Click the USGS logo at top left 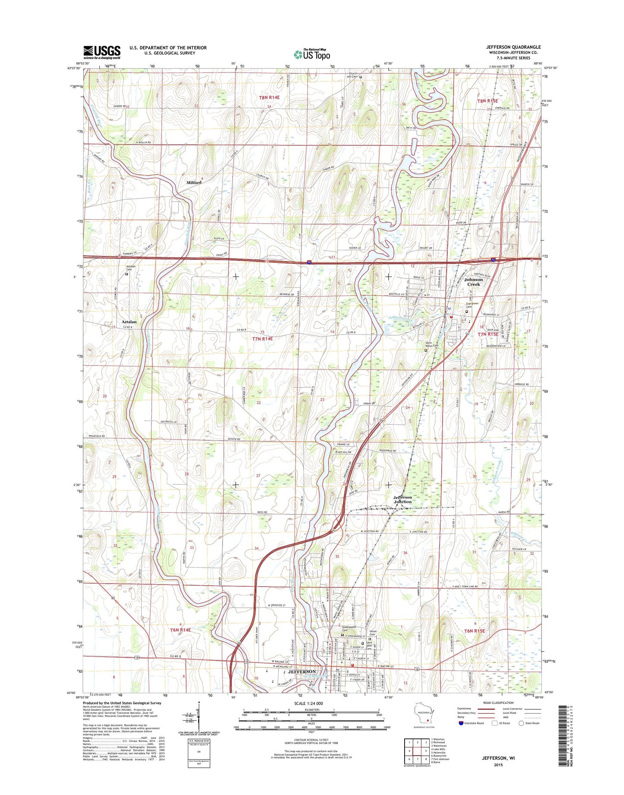point(102,52)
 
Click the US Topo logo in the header point(312,54)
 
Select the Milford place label point(194,183)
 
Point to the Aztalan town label point(129,322)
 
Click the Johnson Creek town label point(473,282)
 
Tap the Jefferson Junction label point(402,499)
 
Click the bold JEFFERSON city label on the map point(302,672)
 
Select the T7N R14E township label point(263,339)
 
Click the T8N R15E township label point(487,101)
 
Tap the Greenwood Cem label point(348,629)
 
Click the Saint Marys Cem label point(430,345)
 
